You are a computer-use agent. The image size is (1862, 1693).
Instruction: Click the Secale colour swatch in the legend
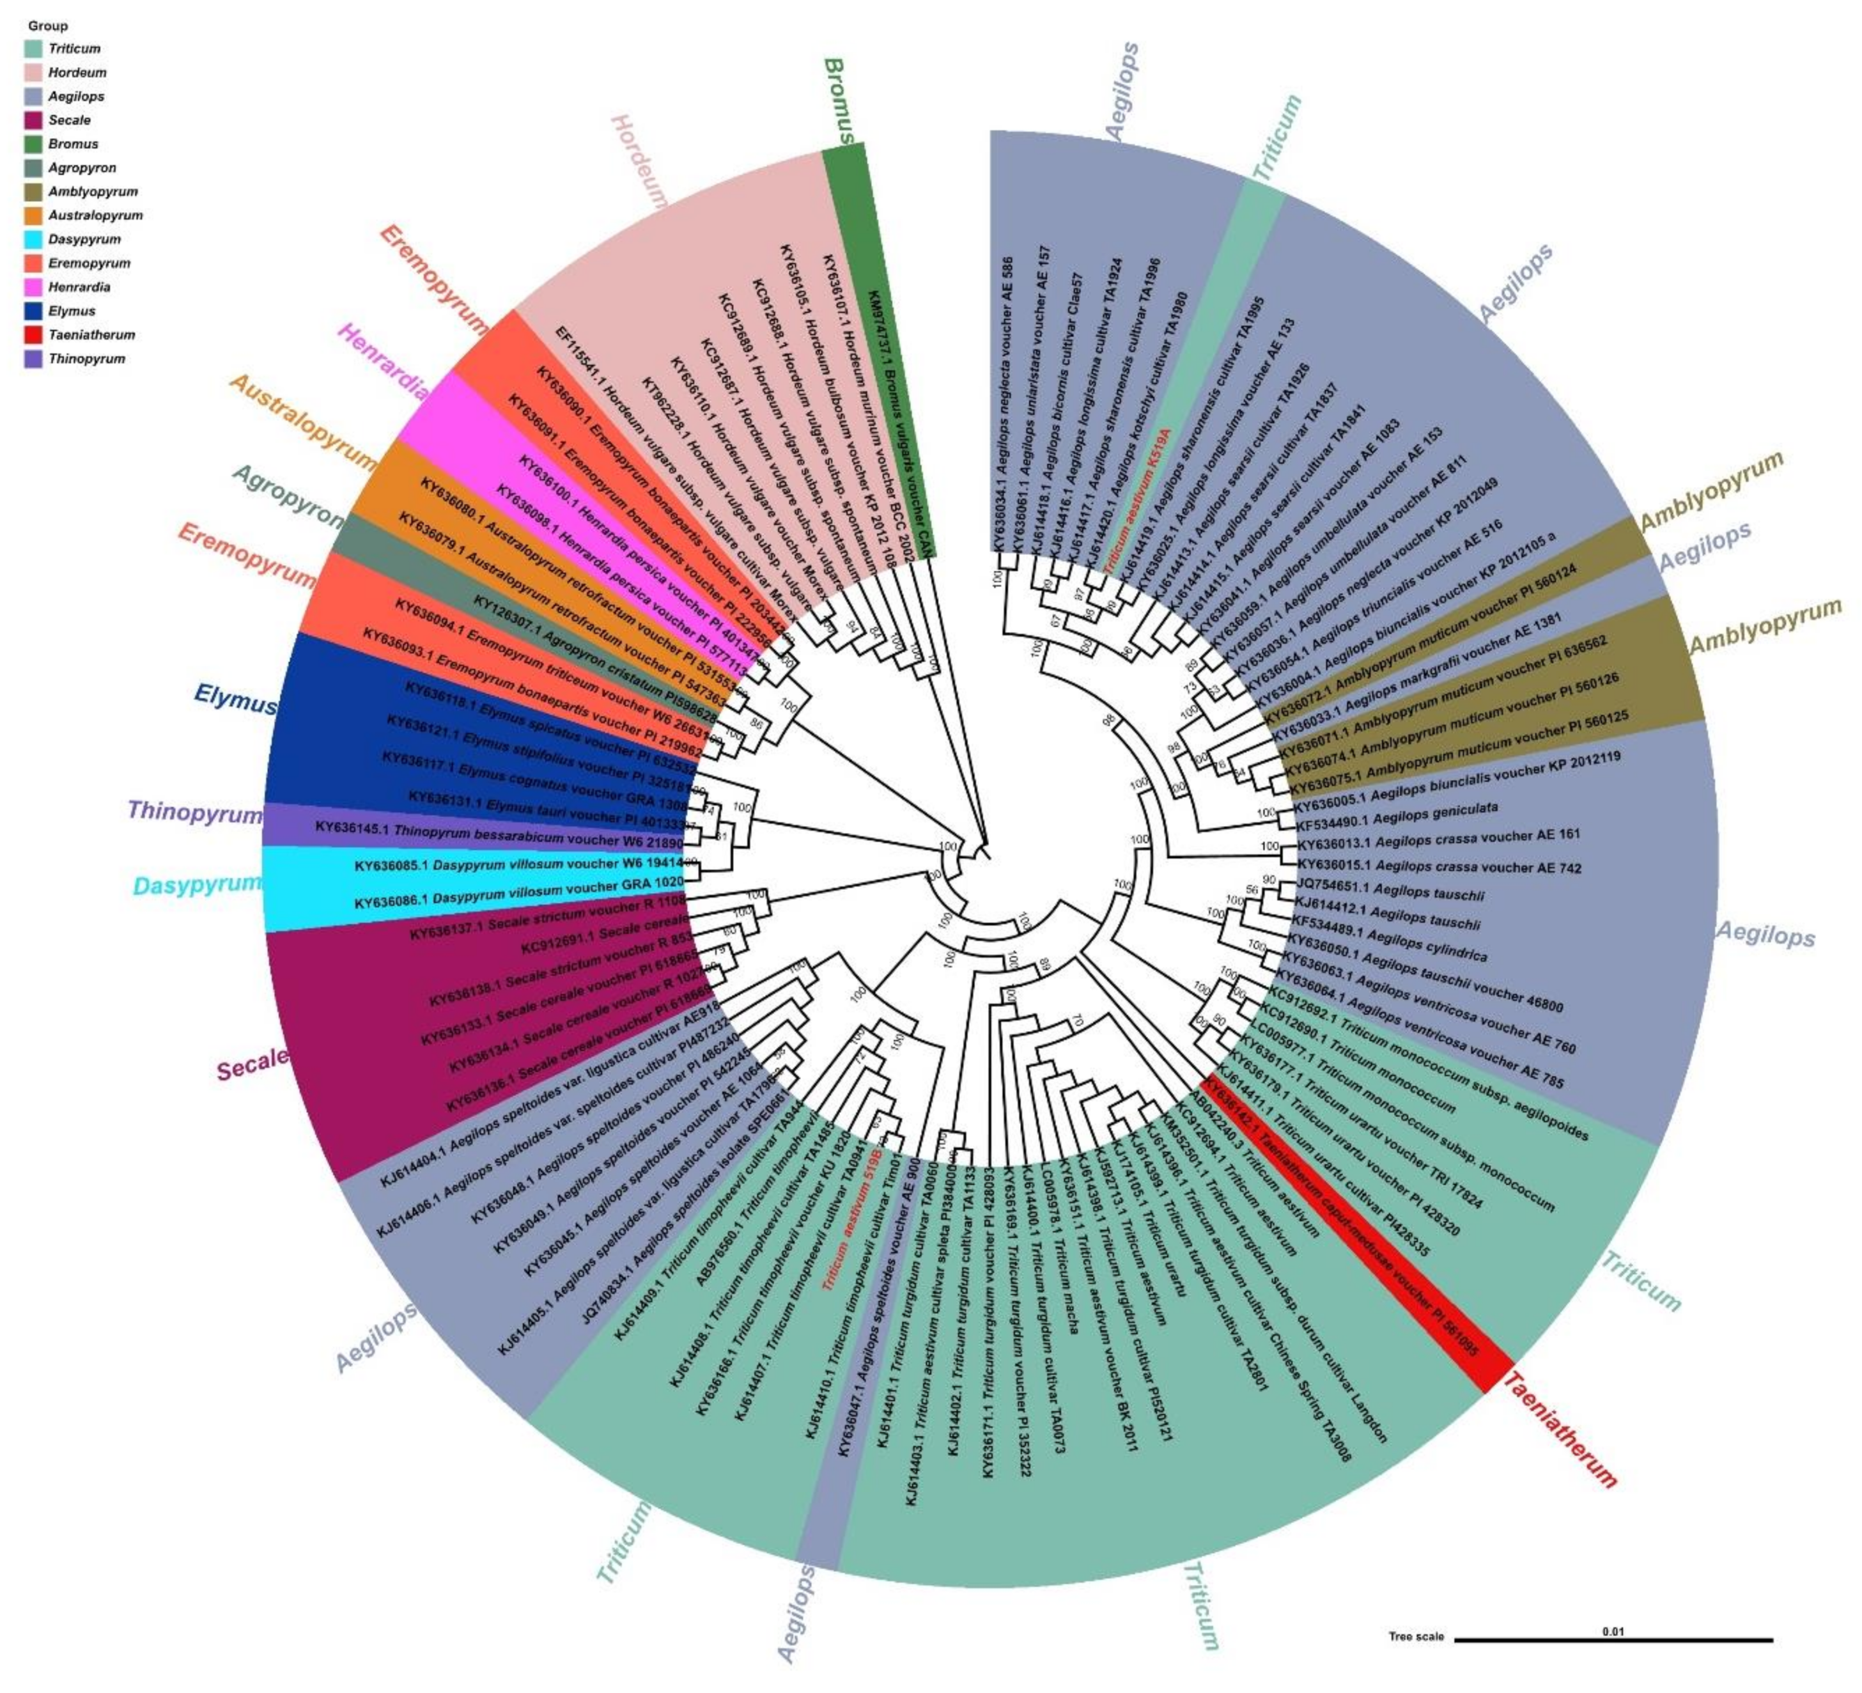(34, 120)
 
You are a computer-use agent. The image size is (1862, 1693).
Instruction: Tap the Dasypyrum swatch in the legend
(34, 239)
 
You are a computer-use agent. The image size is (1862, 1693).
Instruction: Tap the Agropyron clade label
(287, 495)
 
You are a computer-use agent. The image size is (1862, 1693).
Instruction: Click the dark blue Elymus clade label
(235, 699)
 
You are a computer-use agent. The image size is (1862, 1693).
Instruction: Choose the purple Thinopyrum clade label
(195, 812)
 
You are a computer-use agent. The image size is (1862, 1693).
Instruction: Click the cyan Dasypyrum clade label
(198, 885)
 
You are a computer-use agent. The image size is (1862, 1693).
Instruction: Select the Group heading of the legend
(47, 26)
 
